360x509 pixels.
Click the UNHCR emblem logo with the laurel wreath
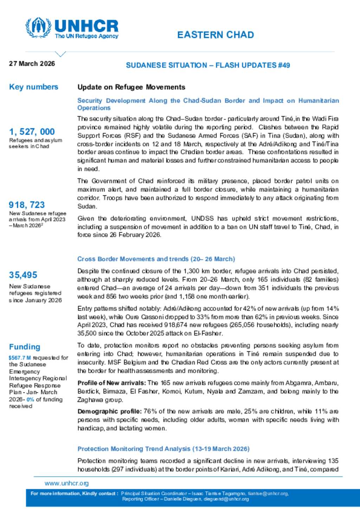[x=38, y=27]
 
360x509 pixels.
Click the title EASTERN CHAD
[x=215, y=35]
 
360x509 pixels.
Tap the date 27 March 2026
[x=32, y=64]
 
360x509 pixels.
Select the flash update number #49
[x=283, y=65]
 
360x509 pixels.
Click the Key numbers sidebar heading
[x=33, y=87]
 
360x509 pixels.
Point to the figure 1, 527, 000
[x=32, y=132]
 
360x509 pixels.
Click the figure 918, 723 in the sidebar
[x=27, y=205]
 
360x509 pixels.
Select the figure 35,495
[x=23, y=275]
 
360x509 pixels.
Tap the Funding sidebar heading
[x=25, y=347]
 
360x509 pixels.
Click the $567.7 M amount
[x=20, y=358]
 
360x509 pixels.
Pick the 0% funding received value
[x=30, y=399]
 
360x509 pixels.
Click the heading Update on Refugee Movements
[x=131, y=87]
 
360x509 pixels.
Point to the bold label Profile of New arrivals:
[x=111, y=383]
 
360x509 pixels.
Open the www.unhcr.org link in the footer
[x=66, y=483]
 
